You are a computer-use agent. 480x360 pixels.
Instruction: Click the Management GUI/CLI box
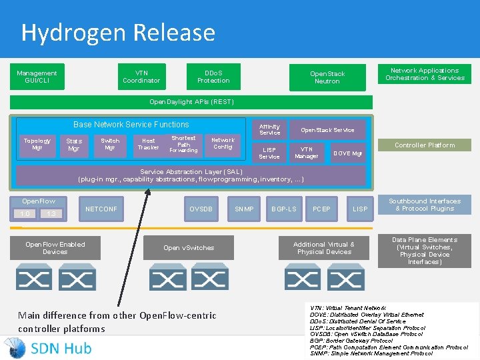pos(37,77)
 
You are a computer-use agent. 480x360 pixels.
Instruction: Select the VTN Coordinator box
pos(141,77)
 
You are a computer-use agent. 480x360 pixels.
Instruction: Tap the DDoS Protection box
pos(213,77)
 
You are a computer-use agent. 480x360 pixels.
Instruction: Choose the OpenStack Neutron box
pos(327,77)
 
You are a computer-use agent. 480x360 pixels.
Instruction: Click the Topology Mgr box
pos(37,144)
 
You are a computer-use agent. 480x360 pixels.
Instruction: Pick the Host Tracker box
pos(148,144)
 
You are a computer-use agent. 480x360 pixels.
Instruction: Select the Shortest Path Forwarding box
pos(183,144)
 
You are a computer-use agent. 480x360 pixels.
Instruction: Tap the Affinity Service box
pos(269,129)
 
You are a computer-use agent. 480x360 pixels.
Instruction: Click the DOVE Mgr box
pos(347,153)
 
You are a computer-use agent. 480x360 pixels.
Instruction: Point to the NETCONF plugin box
pos(101,209)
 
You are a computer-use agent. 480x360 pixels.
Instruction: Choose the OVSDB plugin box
pos(201,209)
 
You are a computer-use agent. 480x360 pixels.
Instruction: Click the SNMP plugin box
pos(244,209)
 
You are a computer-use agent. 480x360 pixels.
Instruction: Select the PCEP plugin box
pos(321,209)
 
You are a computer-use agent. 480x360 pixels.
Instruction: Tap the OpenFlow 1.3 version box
pos(51,213)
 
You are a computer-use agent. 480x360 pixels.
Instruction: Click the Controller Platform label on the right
pos(424,145)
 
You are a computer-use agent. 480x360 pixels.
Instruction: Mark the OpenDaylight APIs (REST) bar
pos(191,102)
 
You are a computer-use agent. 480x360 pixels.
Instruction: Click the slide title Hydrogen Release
pos(118,32)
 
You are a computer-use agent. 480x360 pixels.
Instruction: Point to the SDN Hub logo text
pos(61,347)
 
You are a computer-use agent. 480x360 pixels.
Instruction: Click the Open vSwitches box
pos(189,248)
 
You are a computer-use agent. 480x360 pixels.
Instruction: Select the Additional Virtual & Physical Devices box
pos(324,248)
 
